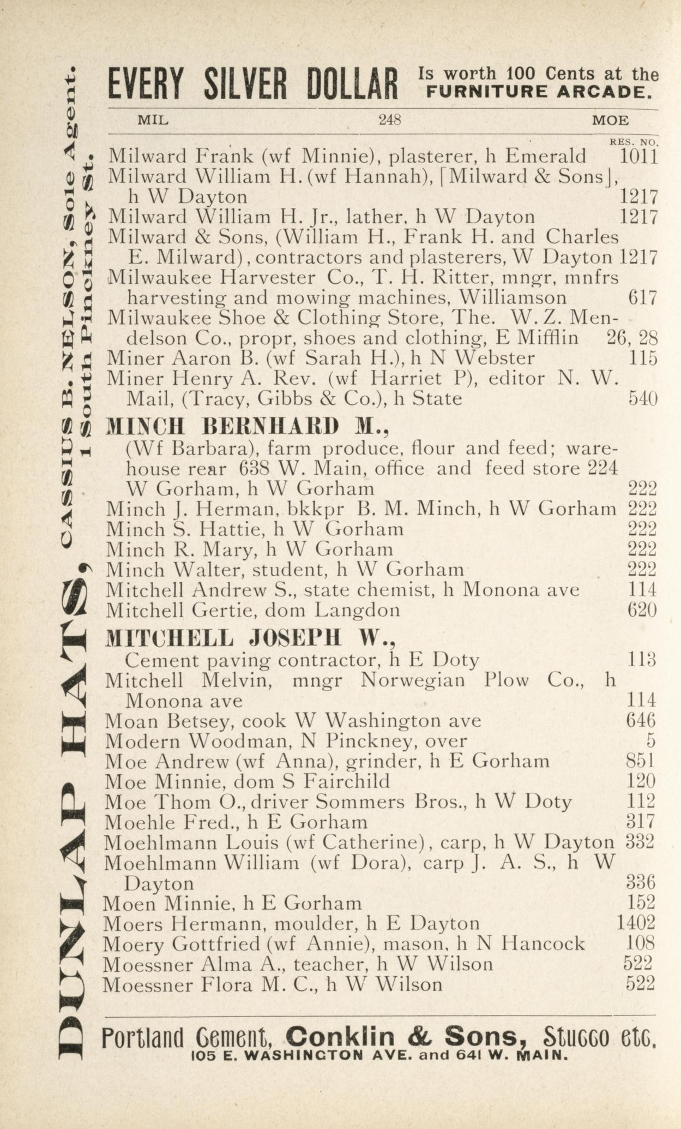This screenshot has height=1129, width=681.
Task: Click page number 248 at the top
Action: click(x=390, y=120)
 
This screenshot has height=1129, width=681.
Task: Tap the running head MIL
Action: click(x=153, y=120)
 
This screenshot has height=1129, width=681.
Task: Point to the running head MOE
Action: click(x=610, y=121)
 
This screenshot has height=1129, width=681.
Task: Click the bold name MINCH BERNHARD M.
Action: click(x=247, y=427)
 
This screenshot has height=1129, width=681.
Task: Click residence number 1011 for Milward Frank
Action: click(x=638, y=157)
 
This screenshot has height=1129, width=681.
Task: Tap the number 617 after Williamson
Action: click(x=642, y=298)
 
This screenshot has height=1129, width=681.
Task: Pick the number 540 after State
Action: click(x=642, y=399)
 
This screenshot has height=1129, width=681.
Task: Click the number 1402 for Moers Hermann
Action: click(x=635, y=923)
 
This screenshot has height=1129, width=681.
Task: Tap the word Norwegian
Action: click(x=413, y=680)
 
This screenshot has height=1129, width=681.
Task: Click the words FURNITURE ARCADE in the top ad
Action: click(x=538, y=91)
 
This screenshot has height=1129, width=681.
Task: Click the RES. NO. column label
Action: click(x=634, y=142)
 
